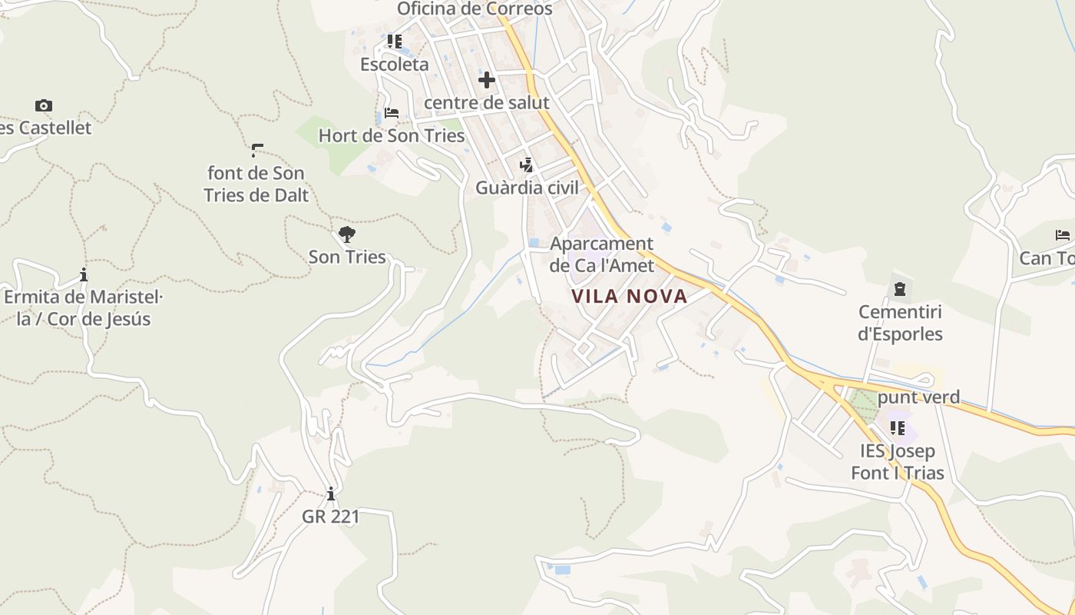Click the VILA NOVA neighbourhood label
(x=630, y=296)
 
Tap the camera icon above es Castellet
(x=44, y=105)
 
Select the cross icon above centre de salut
(x=486, y=79)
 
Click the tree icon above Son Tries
(x=347, y=234)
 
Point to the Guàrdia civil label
(x=527, y=188)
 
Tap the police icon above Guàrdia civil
(x=526, y=165)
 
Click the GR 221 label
(x=331, y=516)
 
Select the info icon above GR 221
(x=331, y=493)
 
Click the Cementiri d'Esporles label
(x=900, y=323)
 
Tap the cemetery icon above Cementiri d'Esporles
(x=899, y=289)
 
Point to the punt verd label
(x=918, y=397)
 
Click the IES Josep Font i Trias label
(x=897, y=461)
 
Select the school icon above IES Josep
(x=897, y=427)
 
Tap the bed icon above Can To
(x=1063, y=234)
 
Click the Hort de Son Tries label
(x=392, y=136)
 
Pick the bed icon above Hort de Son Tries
(x=392, y=113)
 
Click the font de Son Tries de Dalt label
(x=256, y=184)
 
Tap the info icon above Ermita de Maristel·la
(x=84, y=274)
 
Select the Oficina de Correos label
(x=475, y=9)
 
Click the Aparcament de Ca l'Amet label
(x=602, y=254)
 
